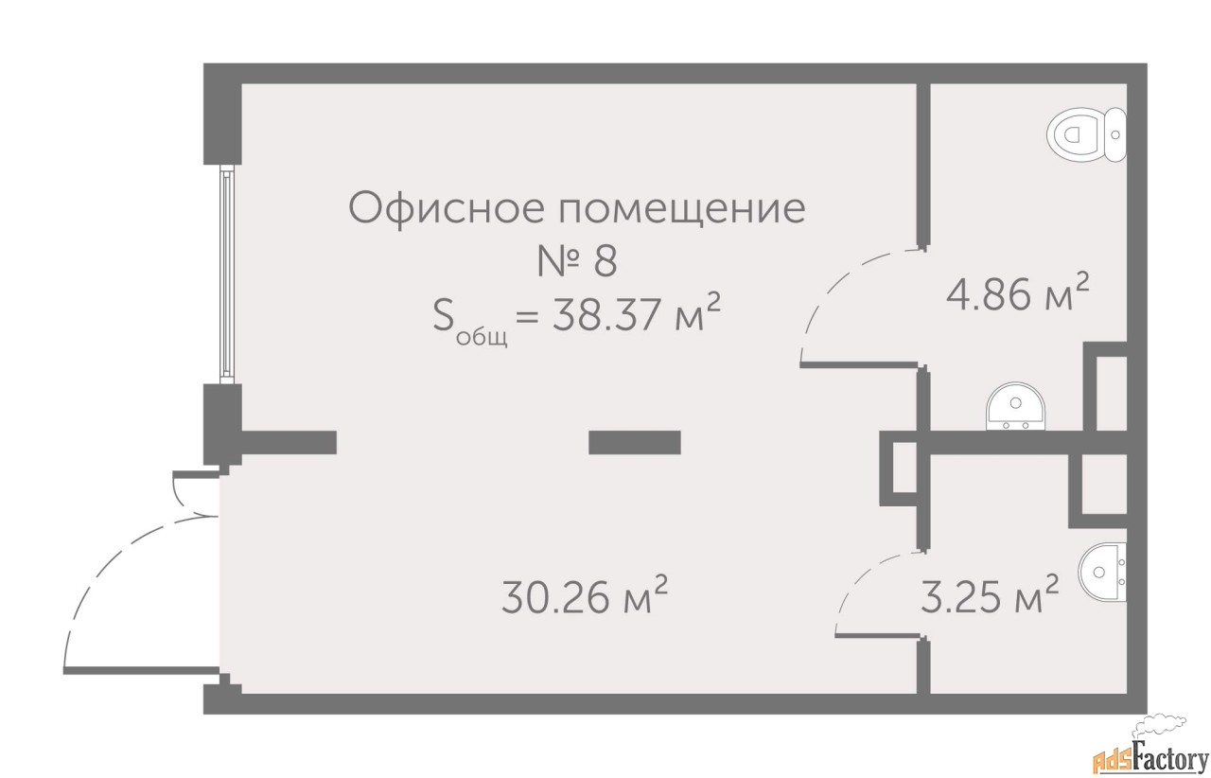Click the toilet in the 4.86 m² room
click(x=1086, y=134)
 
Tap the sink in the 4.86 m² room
click(x=1016, y=406)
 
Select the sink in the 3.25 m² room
click(x=1102, y=572)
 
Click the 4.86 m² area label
click(x=1017, y=292)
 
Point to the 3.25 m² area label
click(x=990, y=595)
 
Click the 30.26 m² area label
click(x=585, y=595)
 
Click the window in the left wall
click(x=227, y=274)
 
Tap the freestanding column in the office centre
click(x=634, y=442)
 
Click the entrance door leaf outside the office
click(x=142, y=670)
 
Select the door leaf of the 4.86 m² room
click(x=859, y=365)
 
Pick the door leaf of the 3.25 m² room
click(x=877, y=635)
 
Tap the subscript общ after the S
click(x=482, y=337)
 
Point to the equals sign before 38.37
click(x=528, y=315)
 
